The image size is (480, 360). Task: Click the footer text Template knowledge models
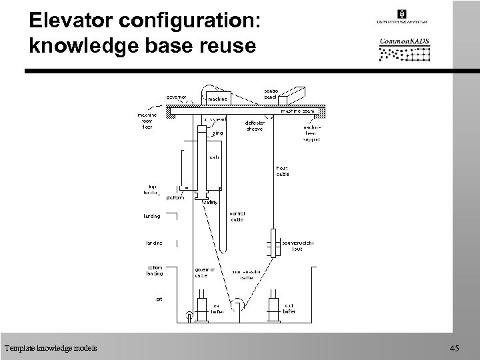coord(50,347)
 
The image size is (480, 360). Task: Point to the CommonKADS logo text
coord(404,42)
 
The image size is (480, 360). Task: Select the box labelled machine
coord(219,99)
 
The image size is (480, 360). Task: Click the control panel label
coord(271,93)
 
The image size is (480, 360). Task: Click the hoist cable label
coord(283,171)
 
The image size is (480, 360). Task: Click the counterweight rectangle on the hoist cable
coord(273,241)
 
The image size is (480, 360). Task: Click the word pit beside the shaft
coord(159,299)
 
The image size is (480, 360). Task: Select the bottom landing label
coord(155,271)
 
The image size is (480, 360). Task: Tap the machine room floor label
coord(147,121)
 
